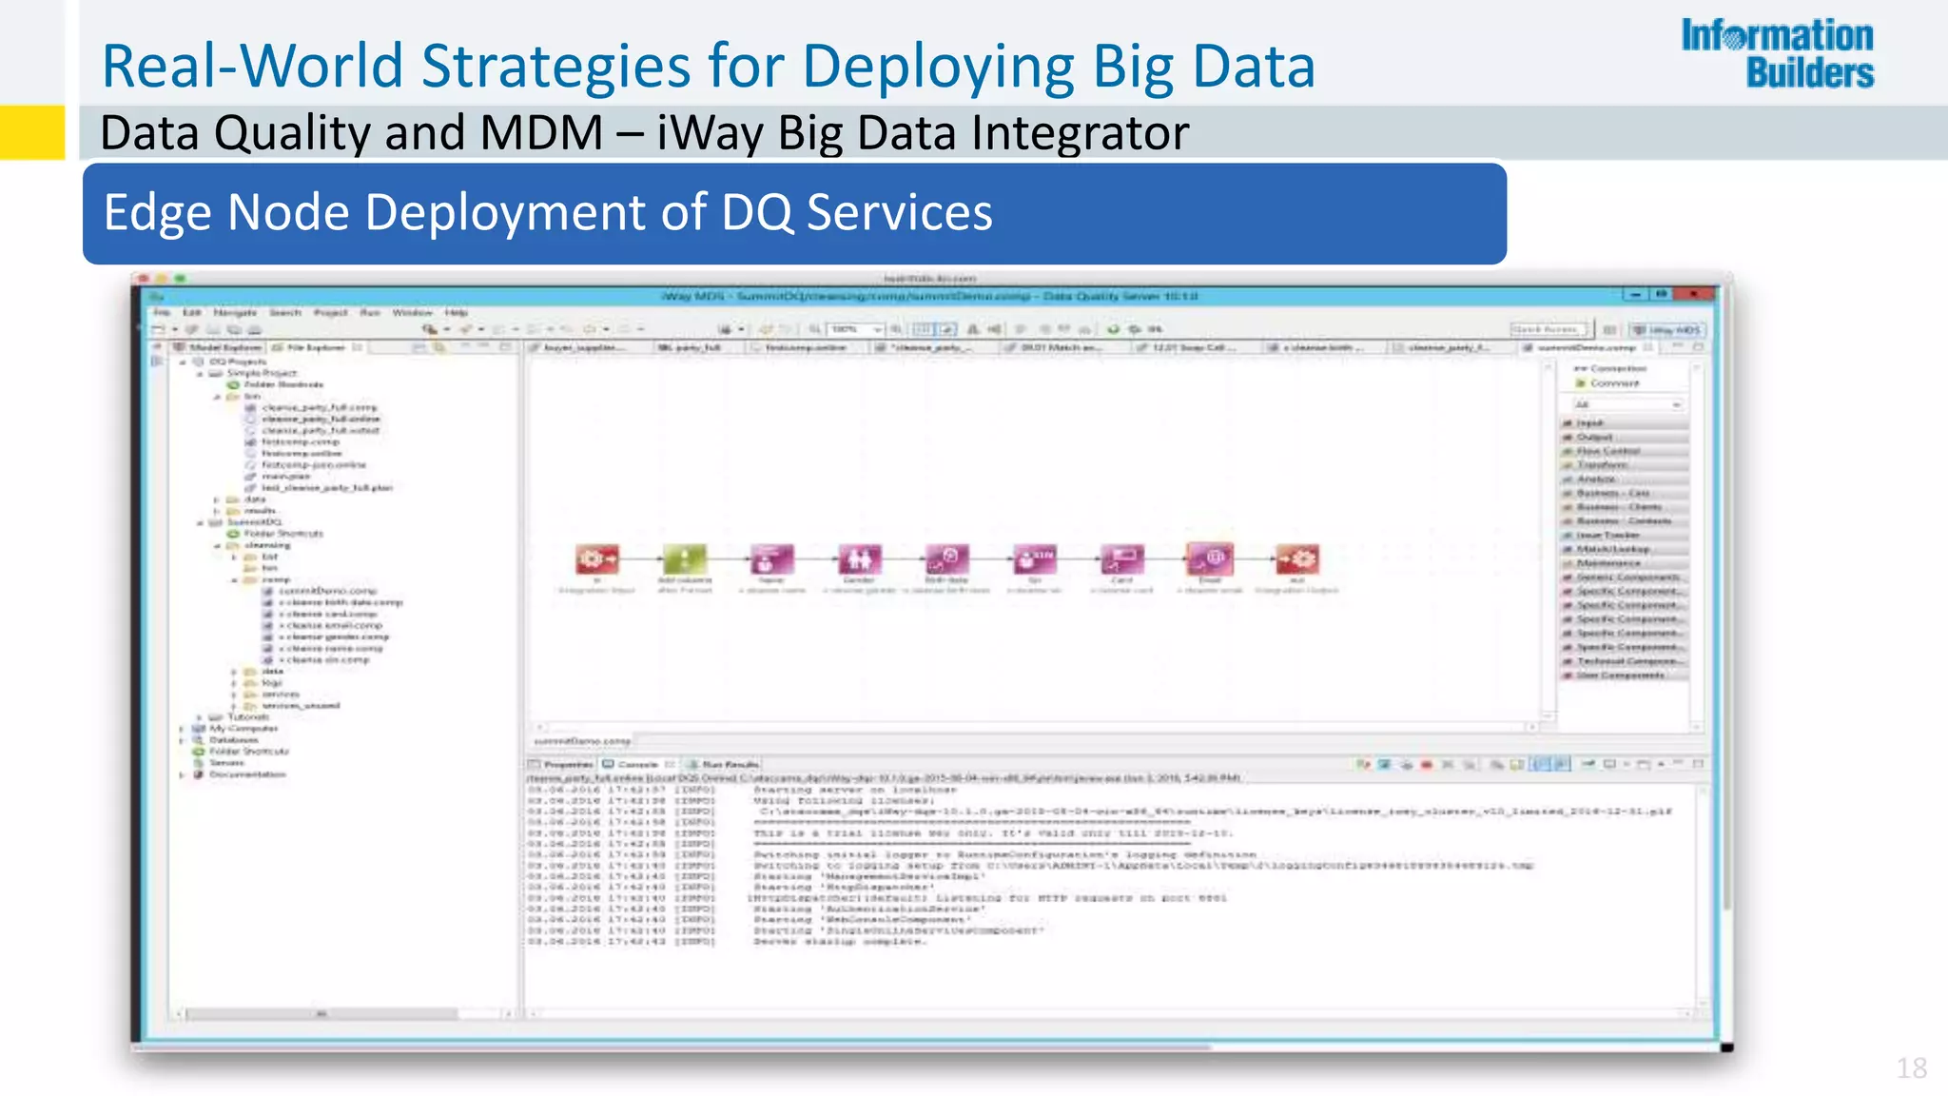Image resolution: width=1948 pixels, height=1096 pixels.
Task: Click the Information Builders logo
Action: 1777,53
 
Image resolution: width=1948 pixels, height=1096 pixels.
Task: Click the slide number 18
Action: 1911,1068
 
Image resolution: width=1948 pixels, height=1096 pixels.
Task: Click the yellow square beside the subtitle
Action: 31,131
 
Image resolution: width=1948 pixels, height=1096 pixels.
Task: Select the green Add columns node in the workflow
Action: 685,558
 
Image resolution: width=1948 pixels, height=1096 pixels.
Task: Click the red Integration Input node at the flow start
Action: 596,558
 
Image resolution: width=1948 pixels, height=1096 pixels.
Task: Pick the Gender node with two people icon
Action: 859,558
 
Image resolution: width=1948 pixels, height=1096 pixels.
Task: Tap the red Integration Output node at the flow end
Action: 1296,558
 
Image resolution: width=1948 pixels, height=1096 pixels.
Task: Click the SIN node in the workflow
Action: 1034,558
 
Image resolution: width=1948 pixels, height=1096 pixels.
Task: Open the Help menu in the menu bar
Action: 457,312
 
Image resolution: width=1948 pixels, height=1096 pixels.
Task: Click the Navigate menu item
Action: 235,312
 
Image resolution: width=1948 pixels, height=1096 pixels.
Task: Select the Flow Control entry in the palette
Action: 1607,451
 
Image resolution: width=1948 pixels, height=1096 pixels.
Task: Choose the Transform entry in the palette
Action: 1603,465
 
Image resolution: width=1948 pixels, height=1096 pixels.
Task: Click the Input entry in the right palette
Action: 1589,422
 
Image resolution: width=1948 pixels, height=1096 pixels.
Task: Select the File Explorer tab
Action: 315,348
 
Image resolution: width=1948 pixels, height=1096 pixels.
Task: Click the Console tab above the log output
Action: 637,764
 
